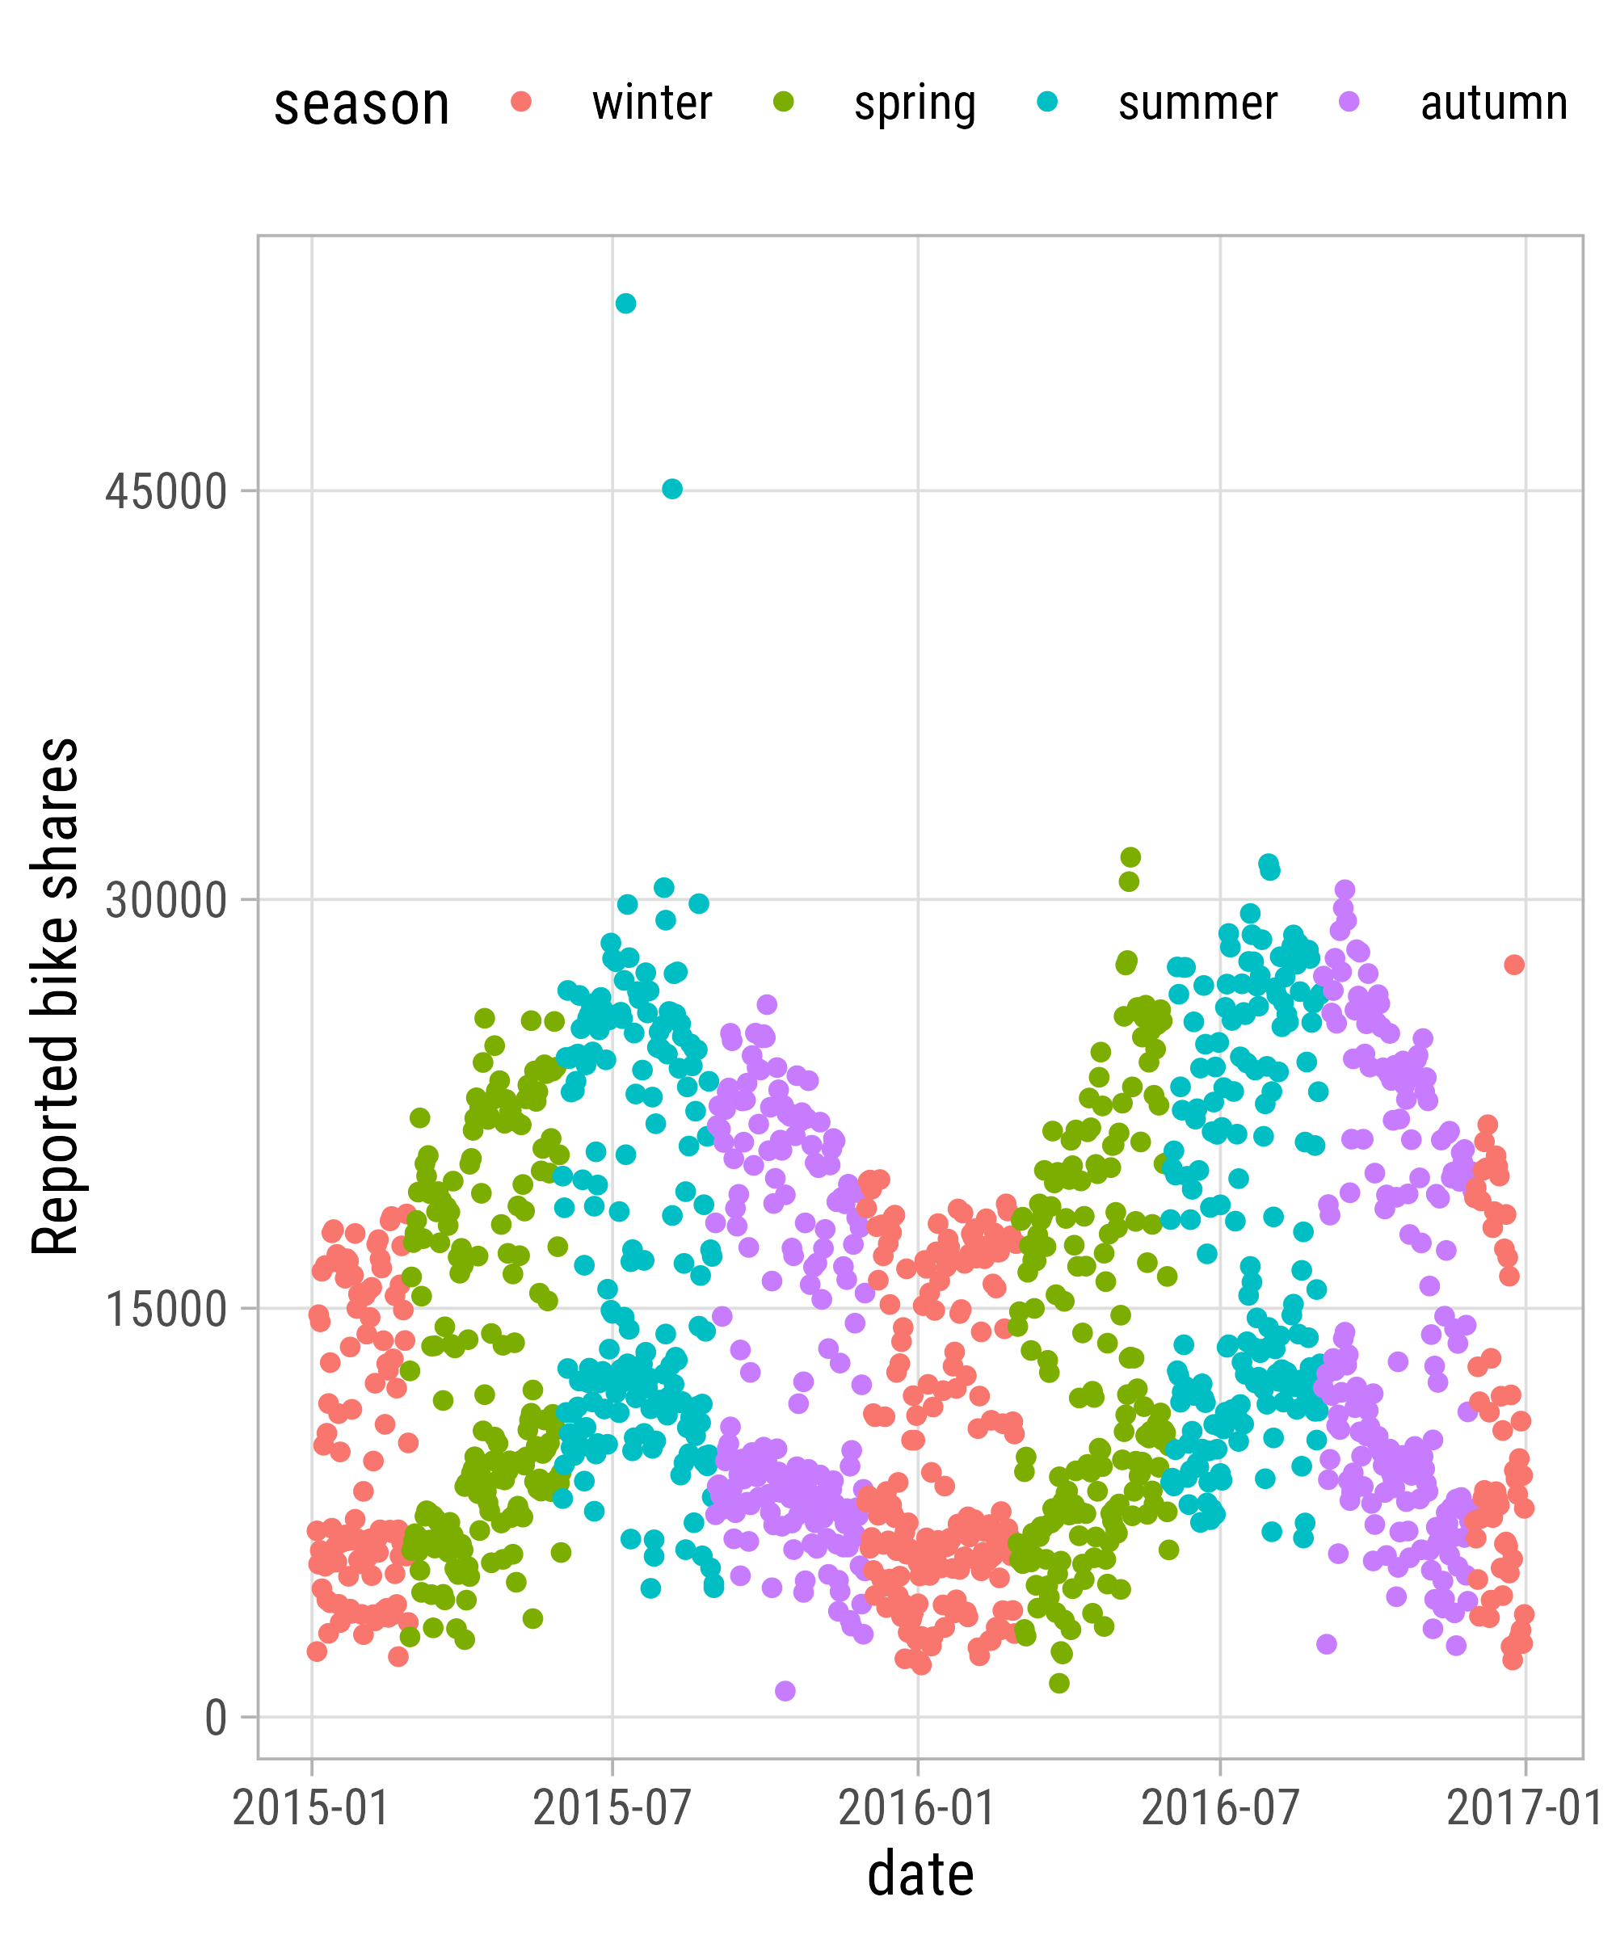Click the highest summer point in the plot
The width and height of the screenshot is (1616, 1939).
click(x=625, y=304)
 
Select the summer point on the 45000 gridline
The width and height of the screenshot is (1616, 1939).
click(x=672, y=490)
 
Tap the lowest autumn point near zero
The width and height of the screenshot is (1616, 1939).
click(x=785, y=1691)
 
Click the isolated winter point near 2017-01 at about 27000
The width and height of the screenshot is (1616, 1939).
click(x=1513, y=965)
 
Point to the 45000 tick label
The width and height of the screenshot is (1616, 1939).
click(x=166, y=492)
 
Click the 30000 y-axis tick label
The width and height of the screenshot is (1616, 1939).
click(x=166, y=901)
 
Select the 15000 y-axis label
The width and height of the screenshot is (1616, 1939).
click(x=166, y=1310)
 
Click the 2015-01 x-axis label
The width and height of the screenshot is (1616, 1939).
click(x=310, y=1808)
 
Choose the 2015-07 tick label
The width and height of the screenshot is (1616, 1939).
click(x=612, y=1808)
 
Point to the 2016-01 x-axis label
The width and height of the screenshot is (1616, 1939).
click(x=917, y=1808)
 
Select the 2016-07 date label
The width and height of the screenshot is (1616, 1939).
click(x=1220, y=1808)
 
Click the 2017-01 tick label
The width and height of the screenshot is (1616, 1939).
click(x=1524, y=1808)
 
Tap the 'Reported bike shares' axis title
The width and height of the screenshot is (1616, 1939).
click(x=56, y=997)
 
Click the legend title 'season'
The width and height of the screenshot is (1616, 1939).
click(x=362, y=104)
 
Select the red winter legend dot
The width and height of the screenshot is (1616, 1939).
click(x=522, y=102)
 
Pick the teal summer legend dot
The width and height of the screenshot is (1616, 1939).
click(x=1047, y=102)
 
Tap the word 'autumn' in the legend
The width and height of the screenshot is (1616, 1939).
click(x=1494, y=103)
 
